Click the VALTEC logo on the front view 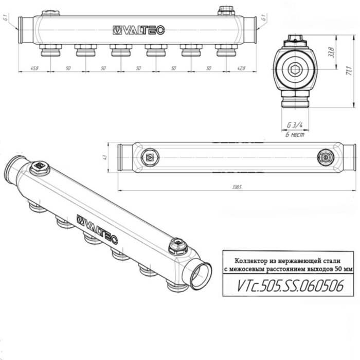click(138, 31)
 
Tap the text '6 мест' click(295, 135)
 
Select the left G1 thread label click(5, 21)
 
